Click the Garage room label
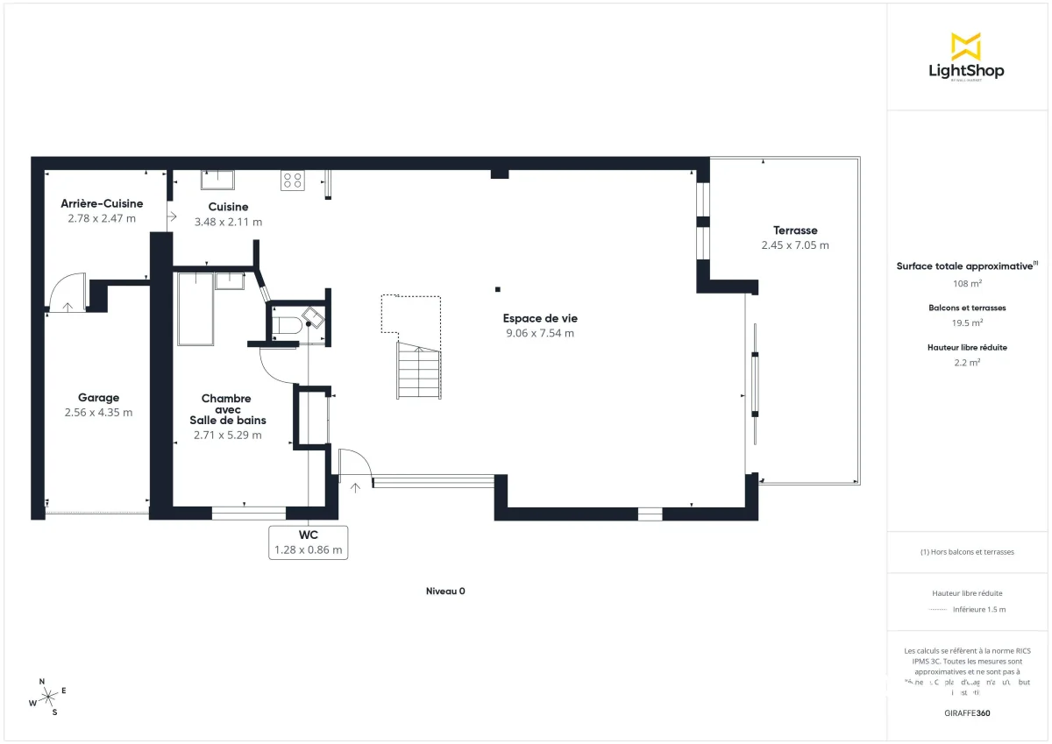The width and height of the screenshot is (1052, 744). click(98, 398)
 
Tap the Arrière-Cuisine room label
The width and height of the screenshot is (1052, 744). click(102, 203)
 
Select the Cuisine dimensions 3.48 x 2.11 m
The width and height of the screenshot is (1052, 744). click(228, 223)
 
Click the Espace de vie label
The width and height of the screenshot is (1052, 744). click(540, 318)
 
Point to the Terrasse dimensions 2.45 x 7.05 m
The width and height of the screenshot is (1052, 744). click(795, 245)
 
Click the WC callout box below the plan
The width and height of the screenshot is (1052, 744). click(308, 542)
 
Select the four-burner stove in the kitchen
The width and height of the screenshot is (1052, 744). click(292, 181)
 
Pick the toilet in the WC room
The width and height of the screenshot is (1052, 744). click(286, 326)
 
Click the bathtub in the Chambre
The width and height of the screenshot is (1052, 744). click(194, 308)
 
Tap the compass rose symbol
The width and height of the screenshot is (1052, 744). click(49, 696)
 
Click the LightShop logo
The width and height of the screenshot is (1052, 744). click(966, 58)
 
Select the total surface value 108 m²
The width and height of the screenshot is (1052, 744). click(966, 284)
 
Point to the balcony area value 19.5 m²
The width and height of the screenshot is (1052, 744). click(966, 322)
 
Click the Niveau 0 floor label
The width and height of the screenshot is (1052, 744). click(445, 592)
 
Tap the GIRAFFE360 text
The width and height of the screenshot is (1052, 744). click(966, 713)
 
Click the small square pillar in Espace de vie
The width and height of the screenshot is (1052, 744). click(497, 289)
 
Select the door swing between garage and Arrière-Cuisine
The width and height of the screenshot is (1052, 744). click(66, 293)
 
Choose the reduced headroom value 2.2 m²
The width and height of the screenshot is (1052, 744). click(966, 361)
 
